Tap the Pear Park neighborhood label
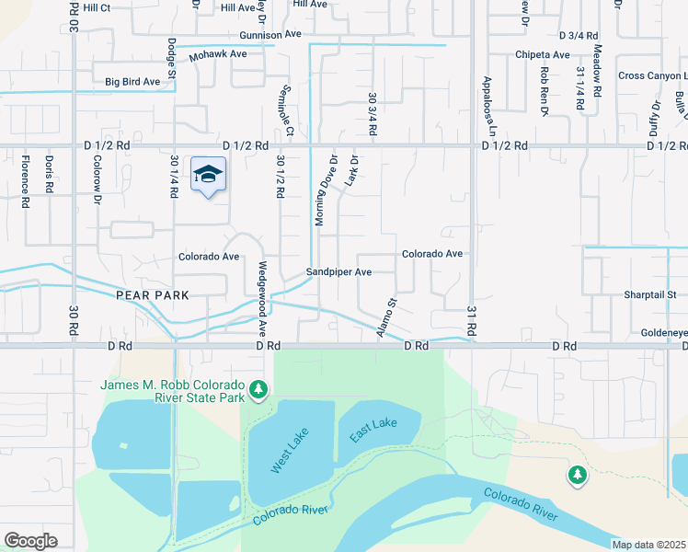pyautogui.click(x=153, y=295)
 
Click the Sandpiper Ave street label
pyautogui.click(x=338, y=272)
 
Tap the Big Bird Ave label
pyautogui.click(x=132, y=82)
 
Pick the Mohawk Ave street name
pyautogui.click(x=218, y=55)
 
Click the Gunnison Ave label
pyautogui.click(x=270, y=34)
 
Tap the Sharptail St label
pyautogui.click(x=650, y=295)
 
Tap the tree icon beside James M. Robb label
pyautogui.click(x=259, y=390)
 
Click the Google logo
pyautogui.click(x=30, y=541)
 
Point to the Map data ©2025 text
pyautogui.click(x=648, y=545)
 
